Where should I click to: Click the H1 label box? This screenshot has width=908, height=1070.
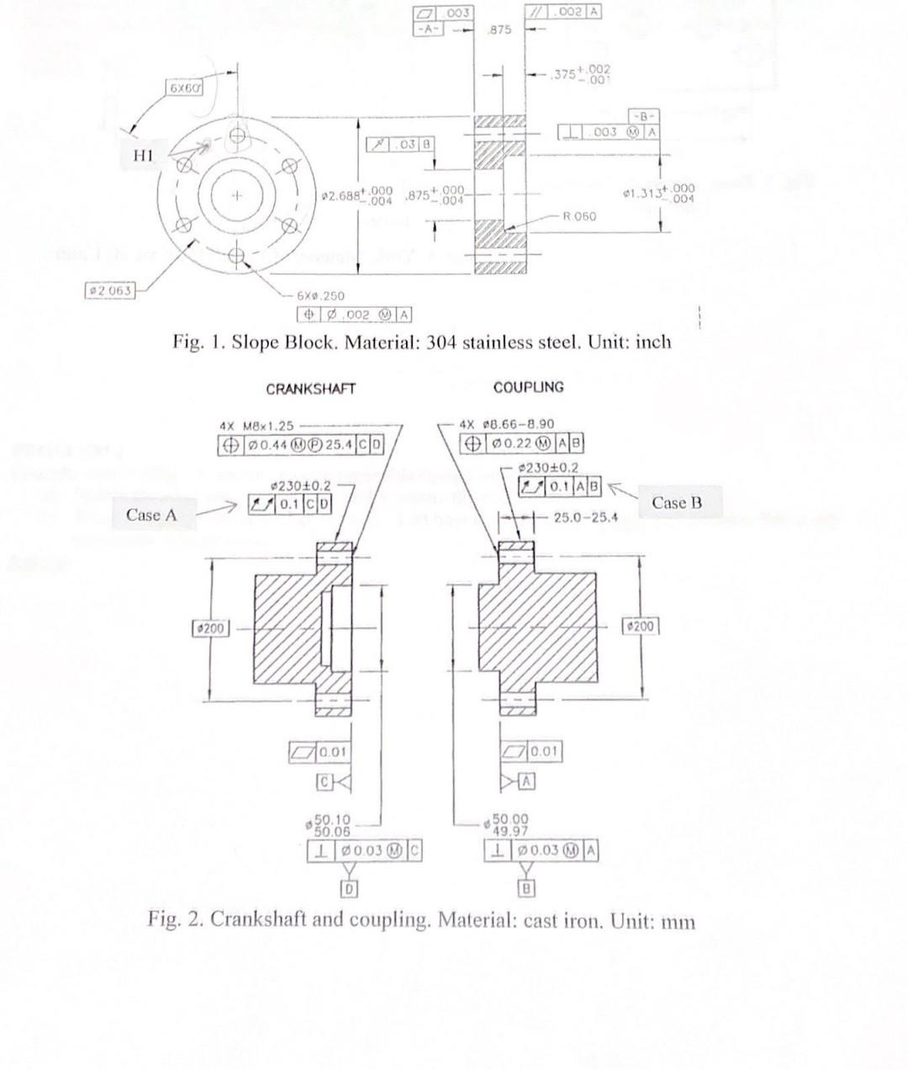click(144, 156)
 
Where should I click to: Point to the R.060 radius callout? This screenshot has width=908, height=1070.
click(579, 216)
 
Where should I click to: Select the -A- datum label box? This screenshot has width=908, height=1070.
click(428, 27)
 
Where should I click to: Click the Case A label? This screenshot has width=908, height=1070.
click(151, 514)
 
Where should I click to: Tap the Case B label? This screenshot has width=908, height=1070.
click(676, 503)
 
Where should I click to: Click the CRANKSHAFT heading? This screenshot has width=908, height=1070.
click(310, 389)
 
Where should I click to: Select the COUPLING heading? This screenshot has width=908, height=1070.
click(528, 387)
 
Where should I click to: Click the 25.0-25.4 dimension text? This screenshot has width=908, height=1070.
click(586, 517)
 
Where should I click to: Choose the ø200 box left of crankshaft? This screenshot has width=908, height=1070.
click(209, 628)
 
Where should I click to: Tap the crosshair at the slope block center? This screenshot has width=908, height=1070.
click(237, 196)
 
